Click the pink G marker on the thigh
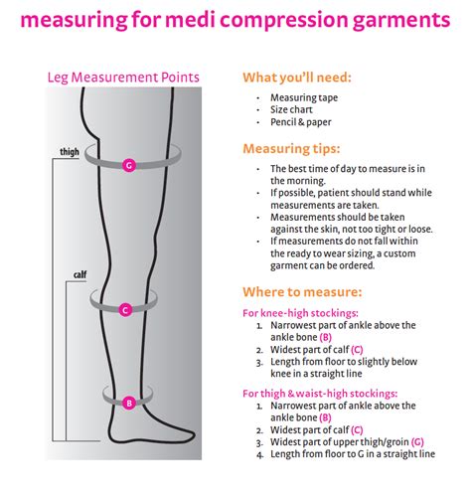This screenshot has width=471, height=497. (128, 165)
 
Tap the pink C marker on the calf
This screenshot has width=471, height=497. (124, 310)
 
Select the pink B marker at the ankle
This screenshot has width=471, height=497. (129, 403)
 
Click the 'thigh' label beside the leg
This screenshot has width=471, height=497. (68, 153)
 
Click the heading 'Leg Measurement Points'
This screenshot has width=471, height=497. (123, 77)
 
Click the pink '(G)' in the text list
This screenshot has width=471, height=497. (417, 441)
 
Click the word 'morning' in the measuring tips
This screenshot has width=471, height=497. (308, 181)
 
